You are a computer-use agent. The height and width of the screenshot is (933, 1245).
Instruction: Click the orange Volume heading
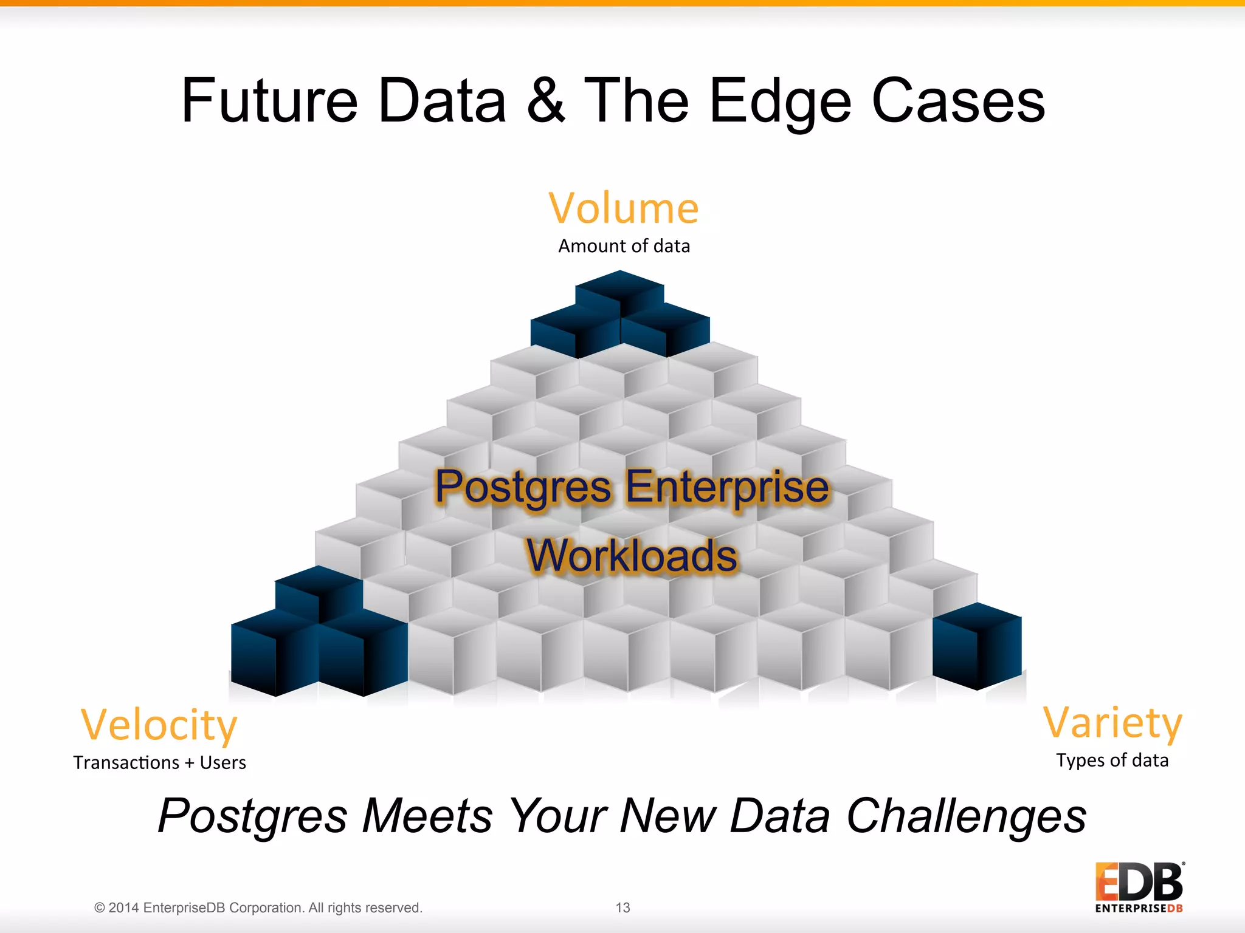click(x=624, y=208)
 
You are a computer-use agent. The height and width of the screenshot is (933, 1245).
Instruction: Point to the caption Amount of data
click(x=624, y=246)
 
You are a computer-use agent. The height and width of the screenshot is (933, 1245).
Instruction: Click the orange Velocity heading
click(x=159, y=725)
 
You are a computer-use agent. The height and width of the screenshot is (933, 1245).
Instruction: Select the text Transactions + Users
click(x=159, y=762)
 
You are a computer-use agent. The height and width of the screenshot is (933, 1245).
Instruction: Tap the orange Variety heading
click(x=1112, y=723)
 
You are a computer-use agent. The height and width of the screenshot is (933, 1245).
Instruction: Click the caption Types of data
click(x=1112, y=760)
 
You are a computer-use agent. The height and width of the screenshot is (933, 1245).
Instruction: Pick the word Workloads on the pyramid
click(x=632, y=556)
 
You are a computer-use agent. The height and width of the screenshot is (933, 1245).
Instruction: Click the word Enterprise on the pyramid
click(x=726, y=488)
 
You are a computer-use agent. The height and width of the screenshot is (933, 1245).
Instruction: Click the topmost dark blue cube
click(x=619, y=292)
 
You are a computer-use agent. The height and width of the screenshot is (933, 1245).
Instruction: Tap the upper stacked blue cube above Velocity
click(x=319, y=589)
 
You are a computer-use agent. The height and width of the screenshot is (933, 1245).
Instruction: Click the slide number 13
click(x=622, y=907)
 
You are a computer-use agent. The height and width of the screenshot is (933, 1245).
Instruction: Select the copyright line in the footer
click(x=258, y=907)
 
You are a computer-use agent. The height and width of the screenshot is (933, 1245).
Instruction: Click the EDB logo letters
click(x=1138, y=882)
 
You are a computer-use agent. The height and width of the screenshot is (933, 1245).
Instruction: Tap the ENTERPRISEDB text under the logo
click(x=1139, y=909)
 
